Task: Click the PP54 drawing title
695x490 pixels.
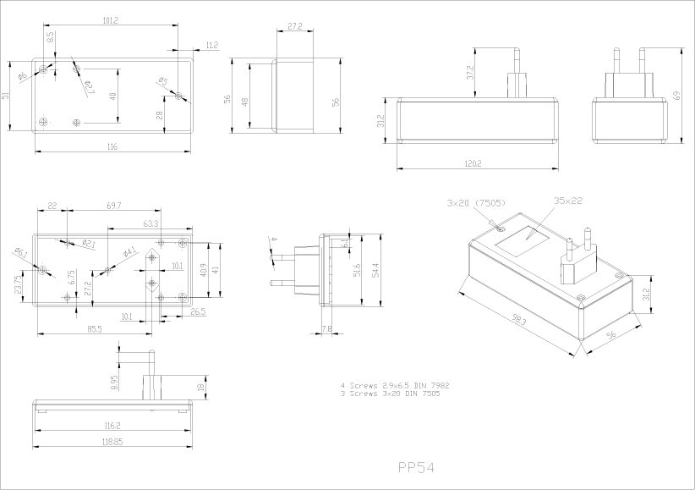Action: click(x=415, y=466)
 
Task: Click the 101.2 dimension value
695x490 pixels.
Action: click(x=110, y=19)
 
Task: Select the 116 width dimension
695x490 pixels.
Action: click(x=112, y=147)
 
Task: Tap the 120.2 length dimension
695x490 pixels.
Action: click(x=473, y=163)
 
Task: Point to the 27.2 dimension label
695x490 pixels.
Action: click(x=294, y=27)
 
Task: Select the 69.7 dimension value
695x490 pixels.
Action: click(x=113, y=206)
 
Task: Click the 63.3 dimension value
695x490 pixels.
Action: click(x=150, y=223)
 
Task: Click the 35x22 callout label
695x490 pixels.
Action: click(x=569, y=201)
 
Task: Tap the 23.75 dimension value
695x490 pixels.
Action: click(x=18, y=284)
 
